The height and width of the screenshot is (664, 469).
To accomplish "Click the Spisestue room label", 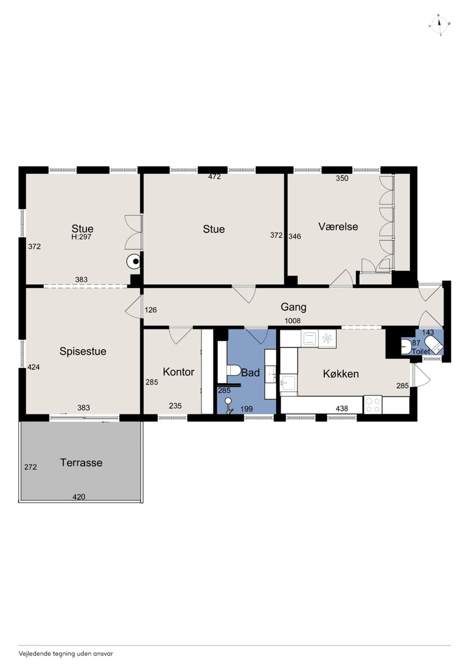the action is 82,352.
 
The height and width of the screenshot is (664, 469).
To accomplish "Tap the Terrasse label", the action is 81,463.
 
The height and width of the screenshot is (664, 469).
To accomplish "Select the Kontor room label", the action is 179,372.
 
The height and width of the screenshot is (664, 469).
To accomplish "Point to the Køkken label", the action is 341,374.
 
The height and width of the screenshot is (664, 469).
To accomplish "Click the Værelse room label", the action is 338,227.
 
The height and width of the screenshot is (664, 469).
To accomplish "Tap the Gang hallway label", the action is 293,308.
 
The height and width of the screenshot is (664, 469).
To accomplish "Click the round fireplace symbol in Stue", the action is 134,261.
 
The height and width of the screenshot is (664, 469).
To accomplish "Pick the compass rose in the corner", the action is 439,25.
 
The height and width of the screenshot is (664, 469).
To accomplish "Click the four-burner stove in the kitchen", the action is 373,405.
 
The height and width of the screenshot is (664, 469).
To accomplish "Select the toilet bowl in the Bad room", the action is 234,370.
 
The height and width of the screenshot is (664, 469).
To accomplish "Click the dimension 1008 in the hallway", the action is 292,321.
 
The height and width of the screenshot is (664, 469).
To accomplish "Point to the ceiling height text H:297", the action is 81,237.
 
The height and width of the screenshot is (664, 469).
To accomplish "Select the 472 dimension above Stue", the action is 215,177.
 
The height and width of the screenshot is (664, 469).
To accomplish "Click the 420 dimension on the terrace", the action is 79,496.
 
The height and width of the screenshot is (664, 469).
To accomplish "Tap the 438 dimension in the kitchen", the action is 342,408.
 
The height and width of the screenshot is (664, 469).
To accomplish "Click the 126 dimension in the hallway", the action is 151,310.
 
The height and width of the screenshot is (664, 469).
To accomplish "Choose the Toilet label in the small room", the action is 421,352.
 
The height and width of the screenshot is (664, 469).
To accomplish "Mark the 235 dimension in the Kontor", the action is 175,406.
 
